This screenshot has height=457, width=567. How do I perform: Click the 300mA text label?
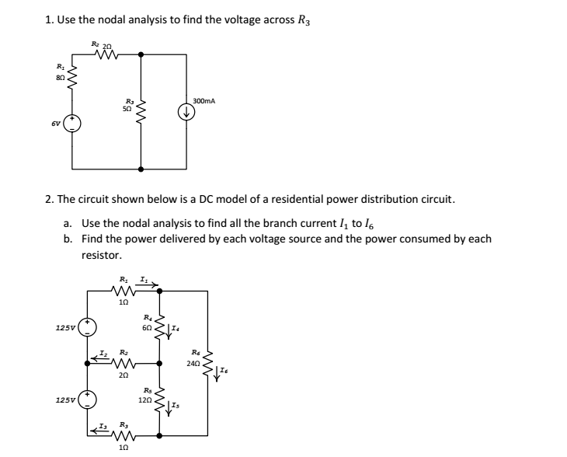click(204, 101)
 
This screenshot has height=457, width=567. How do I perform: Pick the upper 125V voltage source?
click(89, 326)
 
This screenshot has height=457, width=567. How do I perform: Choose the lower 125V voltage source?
click(89, 399)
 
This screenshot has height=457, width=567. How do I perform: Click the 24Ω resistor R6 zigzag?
click(208, 362)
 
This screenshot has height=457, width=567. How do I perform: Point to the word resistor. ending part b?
click(102, 254)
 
